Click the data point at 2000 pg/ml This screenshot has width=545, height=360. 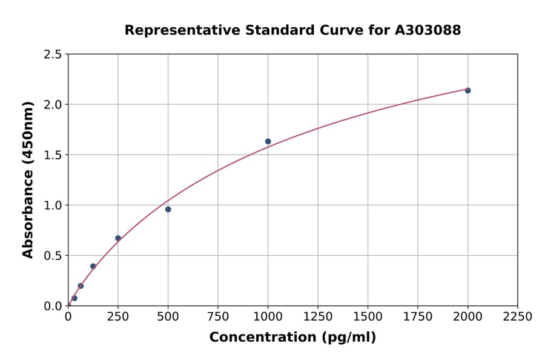467,90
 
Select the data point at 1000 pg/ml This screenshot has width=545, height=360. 268,141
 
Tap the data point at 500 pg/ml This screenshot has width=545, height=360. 168,209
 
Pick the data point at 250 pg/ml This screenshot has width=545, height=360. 118,238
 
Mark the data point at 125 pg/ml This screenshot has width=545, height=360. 93,266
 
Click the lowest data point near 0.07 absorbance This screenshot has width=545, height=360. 74,298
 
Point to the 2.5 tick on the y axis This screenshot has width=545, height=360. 53,55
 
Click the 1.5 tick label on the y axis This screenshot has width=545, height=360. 53,155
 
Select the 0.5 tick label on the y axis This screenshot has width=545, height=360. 53,256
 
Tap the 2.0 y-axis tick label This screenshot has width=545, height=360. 53,105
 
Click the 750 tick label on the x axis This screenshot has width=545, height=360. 218,317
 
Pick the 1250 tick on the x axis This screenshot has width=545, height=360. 318,317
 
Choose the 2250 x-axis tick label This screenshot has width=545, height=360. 518,317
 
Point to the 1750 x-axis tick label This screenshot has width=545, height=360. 418,317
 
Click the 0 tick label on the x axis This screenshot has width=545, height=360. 68,317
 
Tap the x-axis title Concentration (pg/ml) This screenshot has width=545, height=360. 292,338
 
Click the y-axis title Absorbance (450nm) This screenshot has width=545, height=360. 28,179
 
